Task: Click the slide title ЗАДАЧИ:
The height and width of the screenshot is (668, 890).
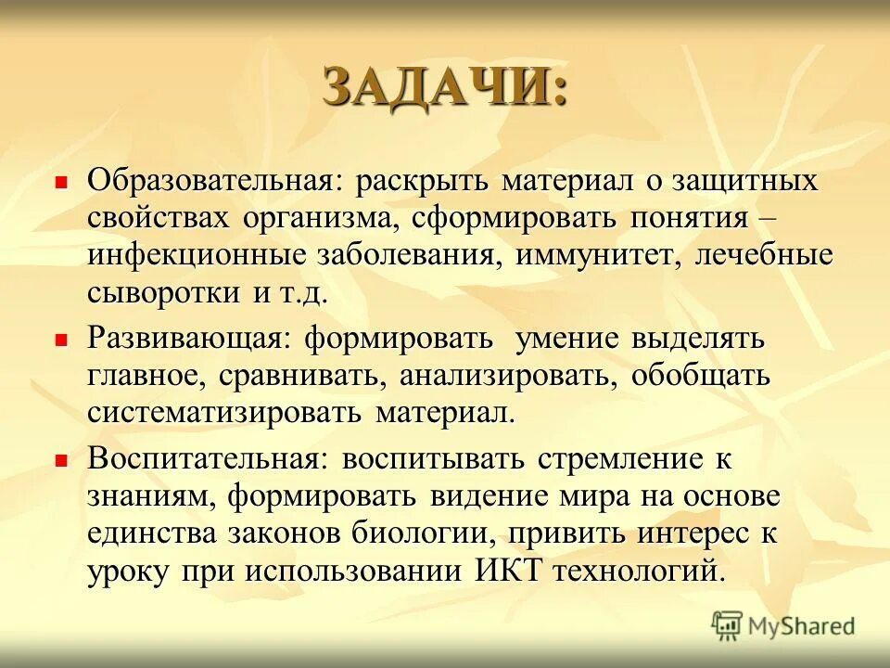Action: coord(444,89)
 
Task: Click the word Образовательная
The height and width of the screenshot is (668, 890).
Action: coord(210,181)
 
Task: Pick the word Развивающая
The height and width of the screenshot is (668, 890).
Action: coord(183,339)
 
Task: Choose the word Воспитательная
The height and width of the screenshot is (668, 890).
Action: coord(204,458)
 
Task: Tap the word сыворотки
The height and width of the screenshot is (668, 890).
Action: coord(164,293)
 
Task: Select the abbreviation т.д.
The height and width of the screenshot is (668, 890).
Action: coord(303,293)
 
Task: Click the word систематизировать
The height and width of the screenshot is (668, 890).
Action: coord(226,413)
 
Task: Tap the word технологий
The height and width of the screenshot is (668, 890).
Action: coord(637,570)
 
